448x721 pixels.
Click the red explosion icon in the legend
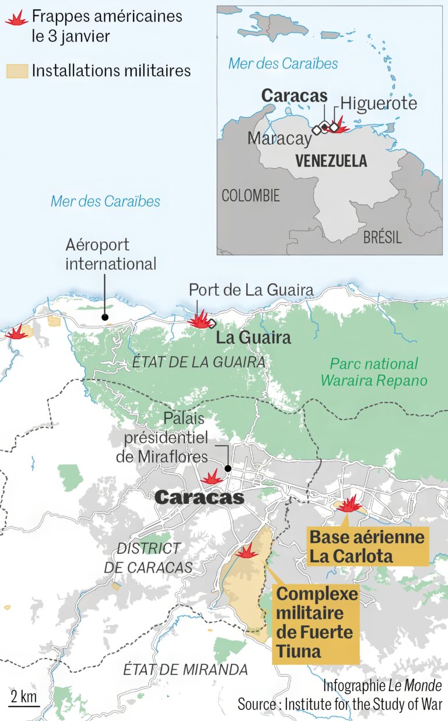point(16,19)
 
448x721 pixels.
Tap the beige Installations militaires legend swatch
point(16,71)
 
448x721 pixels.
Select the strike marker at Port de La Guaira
point(199,319)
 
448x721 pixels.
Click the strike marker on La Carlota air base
point(350,504)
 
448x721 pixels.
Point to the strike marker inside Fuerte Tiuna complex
point(247,552)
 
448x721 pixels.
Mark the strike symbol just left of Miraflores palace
point(211,478)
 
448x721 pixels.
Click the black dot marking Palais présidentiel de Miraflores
point(228,468)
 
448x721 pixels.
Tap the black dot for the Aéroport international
point(105,318)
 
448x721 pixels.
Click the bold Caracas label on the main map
point(199,497)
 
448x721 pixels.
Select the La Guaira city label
point(253,339)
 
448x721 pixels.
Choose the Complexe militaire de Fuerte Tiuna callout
point(316,623)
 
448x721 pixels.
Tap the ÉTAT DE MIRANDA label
point(185,670)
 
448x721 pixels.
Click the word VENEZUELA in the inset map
point(331,161)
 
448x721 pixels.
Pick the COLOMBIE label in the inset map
point(250,196)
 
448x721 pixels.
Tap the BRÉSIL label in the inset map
point(382,237)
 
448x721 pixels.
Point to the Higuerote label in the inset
point(379,104)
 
